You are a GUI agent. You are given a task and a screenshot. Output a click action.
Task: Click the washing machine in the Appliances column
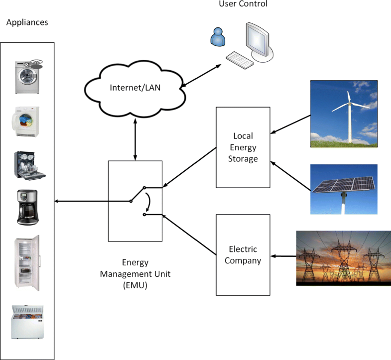(x=27, y=77)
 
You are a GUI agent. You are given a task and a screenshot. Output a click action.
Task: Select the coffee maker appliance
(x=27, y=207)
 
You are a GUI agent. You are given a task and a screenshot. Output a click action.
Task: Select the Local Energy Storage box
(x=243, y=147)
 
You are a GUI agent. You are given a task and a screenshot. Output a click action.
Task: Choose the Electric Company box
(x=243, y=254)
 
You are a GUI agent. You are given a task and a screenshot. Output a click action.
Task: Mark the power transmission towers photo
(x=343, y=258)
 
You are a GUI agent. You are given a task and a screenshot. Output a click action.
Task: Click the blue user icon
(x=217, y=36)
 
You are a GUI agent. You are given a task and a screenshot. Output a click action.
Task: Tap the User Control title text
(x=243, y=4)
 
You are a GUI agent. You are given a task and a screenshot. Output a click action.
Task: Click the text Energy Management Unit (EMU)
(x=135, y=273)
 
